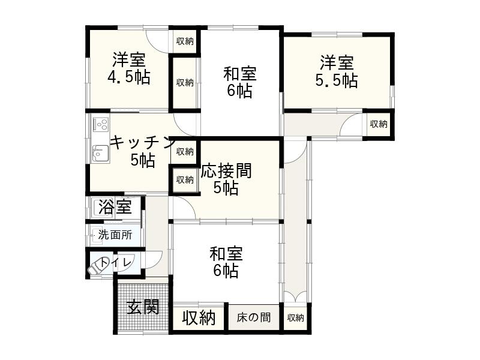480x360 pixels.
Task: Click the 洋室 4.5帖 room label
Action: coord(129,68)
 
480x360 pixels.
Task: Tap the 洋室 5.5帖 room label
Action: coord(337,71)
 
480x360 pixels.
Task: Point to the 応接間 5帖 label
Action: coord(226,179)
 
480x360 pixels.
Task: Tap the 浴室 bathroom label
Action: coord(115,208)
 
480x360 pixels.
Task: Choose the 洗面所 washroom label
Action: coord(115,235)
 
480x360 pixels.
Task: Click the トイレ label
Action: coord(117,262)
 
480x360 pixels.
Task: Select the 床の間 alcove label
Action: coord(253,317)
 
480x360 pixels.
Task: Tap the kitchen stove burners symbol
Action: coord(100,125)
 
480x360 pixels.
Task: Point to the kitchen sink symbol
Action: coord(100,154)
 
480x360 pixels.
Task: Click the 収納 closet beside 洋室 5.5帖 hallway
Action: coord(379,124)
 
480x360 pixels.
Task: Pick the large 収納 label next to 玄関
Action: coord(199,317)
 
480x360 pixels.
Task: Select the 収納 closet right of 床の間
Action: coord(295,317)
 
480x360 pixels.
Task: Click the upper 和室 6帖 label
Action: coord(240,82)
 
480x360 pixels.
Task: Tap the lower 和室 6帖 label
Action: coord(226,262)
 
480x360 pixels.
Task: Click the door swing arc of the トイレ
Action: coord(153,259)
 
